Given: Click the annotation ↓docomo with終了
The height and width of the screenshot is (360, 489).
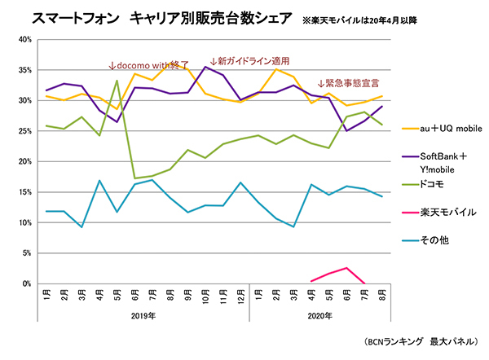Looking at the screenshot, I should click(x=148, y=64).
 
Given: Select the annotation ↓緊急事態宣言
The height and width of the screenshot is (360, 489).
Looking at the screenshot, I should click(x=349, y=83).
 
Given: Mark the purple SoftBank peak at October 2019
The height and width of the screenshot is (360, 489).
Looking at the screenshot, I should click(x=205, y=68).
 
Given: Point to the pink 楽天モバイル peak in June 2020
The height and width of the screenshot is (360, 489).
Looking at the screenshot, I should click(x=348, y=268).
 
